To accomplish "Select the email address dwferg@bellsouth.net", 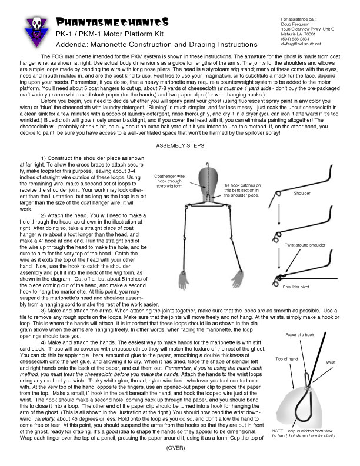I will coord(301,44).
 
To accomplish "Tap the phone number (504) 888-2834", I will coord(295,38).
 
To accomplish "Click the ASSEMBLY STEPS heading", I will coord(179,145).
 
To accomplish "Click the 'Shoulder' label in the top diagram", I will coord(304,192).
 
